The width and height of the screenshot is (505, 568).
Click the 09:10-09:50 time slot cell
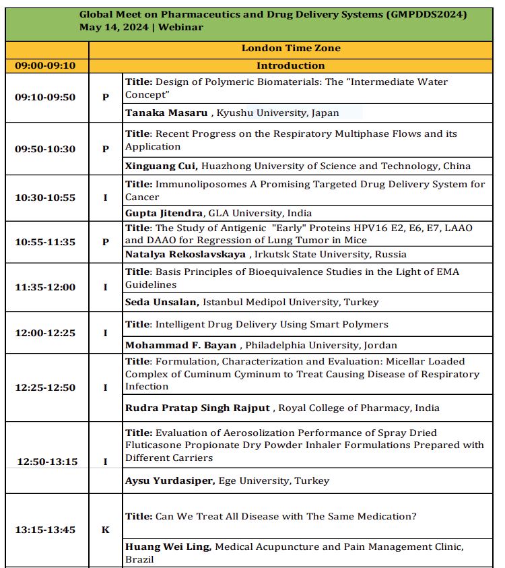point(45,97)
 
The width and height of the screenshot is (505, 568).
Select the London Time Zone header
point(291,49)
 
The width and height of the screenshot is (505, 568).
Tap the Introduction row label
point(291,66)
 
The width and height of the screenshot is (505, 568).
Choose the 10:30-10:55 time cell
point(45,198)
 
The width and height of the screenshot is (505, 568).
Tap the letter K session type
point(105,530)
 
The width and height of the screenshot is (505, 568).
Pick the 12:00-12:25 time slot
point(45,333)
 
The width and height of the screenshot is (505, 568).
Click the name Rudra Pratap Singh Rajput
point(197,408)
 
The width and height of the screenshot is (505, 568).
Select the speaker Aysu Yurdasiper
point(168,480)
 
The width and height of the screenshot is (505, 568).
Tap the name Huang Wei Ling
point(168,547)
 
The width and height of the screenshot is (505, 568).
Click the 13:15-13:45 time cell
point(45,530)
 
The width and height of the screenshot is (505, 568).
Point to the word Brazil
point(139,559)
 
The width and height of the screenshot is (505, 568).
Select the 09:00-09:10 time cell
point(45,66)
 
